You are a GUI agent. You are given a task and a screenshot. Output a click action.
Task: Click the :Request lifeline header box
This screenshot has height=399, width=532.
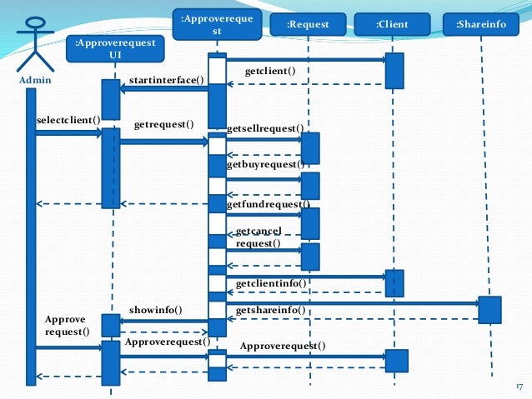[x=308, y=25]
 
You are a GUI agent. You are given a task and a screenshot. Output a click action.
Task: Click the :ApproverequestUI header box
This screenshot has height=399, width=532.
[x=115, y=48]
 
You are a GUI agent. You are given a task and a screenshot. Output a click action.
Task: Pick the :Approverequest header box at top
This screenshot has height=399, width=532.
[x=216, y=24]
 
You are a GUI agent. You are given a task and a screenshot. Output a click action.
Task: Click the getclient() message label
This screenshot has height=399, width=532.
[x=269, y=72]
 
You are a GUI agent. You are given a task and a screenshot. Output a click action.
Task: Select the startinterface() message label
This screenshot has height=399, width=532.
[x=167, y=80]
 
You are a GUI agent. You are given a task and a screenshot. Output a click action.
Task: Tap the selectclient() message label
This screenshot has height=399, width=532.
[x=68, y=120]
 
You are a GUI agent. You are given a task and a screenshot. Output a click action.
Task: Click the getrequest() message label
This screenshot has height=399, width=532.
[x=163, y=125]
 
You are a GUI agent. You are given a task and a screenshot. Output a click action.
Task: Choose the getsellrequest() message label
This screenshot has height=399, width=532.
[x=265, y=129]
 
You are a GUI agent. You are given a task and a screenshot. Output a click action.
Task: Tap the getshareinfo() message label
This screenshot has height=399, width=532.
[x=273, y=311]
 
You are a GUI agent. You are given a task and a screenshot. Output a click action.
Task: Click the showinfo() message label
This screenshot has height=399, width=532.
[x=156, y=310]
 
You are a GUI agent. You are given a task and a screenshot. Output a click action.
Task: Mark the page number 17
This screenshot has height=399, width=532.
[x=519, y=387]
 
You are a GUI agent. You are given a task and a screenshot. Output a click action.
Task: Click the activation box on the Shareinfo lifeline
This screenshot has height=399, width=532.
[x=489, y=310]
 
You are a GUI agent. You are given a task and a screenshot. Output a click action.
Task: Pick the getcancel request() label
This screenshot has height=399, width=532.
[x=258, y=237]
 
